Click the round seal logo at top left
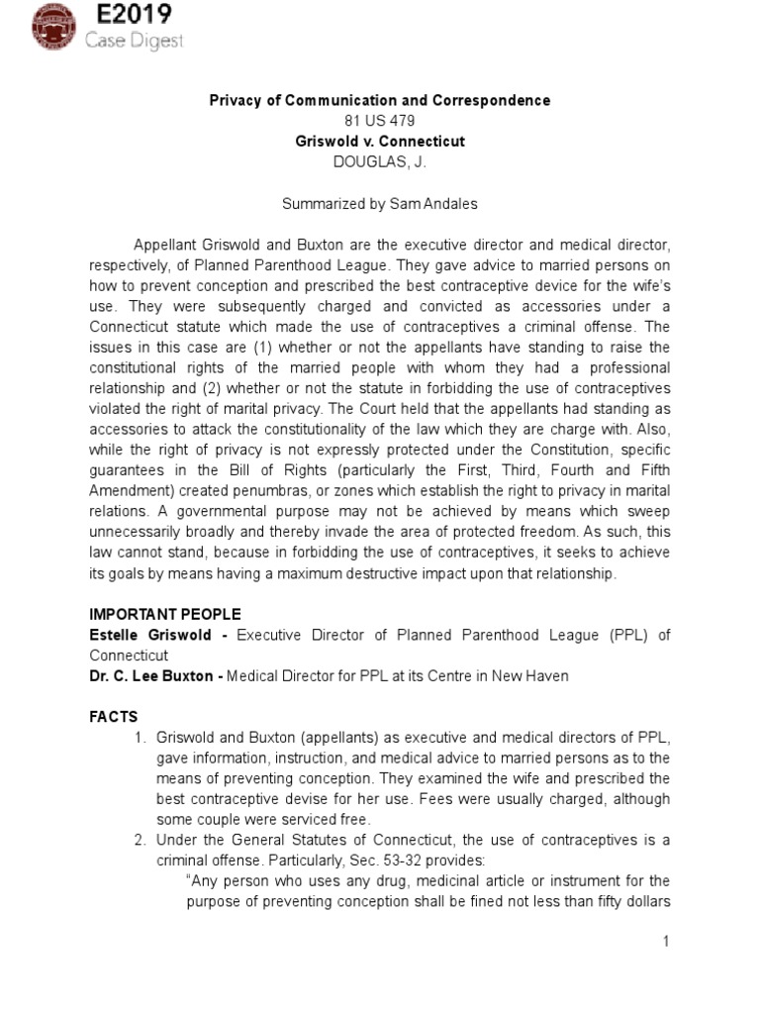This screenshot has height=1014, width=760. pos(33,28)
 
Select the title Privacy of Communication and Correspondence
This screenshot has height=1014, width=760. pos(379,101)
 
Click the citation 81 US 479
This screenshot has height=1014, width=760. pos(380,122)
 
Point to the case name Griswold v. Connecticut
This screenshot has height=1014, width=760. pos(380,142)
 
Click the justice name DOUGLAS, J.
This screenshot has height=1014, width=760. pos(380,161)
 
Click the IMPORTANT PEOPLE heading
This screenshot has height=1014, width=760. pos(164,614)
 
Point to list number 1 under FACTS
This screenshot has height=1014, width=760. pos(140,737)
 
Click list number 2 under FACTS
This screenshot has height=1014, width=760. pos(140,840)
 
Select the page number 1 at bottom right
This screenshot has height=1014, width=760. pos(667,942)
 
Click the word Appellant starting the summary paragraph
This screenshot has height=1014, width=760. pos(166,245)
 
